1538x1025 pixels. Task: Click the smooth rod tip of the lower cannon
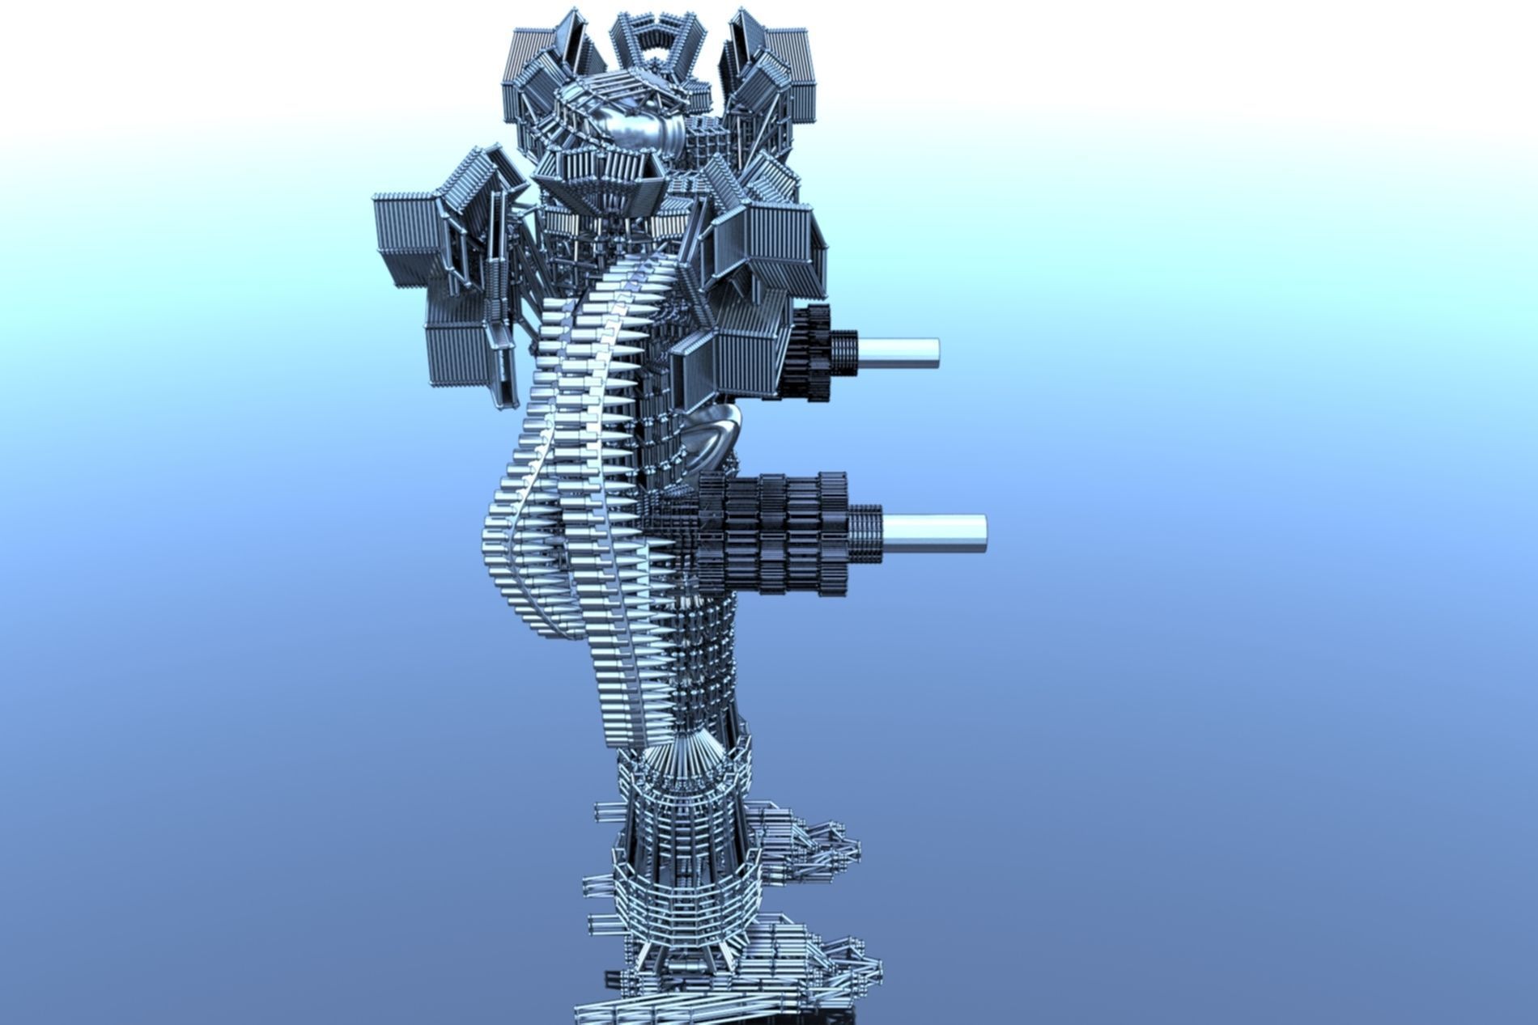(x=939, y=533)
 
